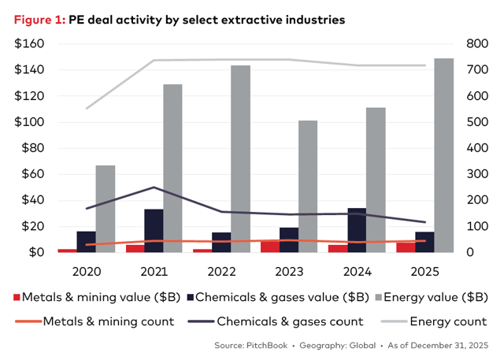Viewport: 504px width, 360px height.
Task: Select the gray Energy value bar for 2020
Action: (106, 209)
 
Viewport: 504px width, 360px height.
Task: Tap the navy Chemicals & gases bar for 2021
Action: (154, 231)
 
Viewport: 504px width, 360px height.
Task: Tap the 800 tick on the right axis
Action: (478, 43)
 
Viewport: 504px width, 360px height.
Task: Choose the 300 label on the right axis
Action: (478, 174)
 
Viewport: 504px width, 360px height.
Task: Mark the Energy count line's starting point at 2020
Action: (87, 108)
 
